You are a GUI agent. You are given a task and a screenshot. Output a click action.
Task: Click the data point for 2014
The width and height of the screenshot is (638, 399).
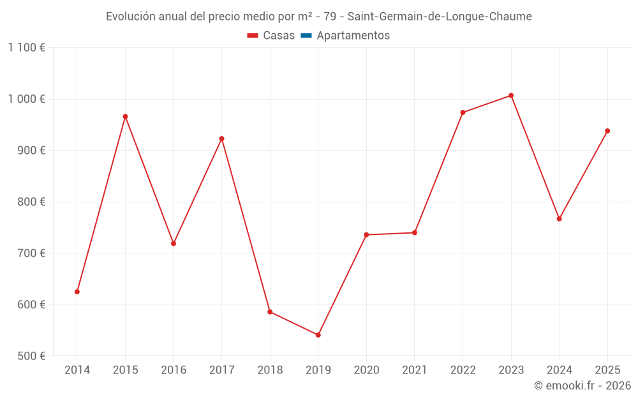coord(77,292)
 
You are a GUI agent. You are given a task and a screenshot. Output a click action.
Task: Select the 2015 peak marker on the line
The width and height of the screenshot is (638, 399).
coord(125,116)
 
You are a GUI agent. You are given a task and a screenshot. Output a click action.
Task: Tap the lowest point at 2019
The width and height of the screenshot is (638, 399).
coord(318,335)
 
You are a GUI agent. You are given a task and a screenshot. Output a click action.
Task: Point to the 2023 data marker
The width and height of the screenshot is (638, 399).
coord(511,96)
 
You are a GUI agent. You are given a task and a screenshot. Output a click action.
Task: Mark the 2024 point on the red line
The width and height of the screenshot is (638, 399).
coord(559,218)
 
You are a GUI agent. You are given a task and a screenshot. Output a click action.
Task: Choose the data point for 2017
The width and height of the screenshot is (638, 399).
coord(222,139)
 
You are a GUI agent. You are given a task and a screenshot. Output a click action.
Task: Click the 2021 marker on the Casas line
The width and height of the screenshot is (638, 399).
coord(415,233)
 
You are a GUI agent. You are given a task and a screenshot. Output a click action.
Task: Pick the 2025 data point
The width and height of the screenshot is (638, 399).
coord(607,131)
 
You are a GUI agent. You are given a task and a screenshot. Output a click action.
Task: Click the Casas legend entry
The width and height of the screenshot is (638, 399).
coord(271,35)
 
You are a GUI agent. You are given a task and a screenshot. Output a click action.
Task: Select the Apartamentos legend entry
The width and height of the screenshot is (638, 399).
coord(345,35)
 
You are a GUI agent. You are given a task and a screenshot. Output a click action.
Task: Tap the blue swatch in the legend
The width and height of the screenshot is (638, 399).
coord(306,35)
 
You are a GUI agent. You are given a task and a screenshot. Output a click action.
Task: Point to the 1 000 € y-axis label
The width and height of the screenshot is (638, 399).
coord(26,99)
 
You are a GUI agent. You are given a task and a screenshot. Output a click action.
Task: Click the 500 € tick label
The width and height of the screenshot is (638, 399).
coord(31,356)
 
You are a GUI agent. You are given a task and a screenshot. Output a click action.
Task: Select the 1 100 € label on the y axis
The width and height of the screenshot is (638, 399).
coord(26,48)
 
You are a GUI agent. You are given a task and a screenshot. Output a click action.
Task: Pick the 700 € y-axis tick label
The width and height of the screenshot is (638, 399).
coord(31,253)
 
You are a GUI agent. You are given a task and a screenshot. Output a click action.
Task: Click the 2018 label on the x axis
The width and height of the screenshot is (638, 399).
coord(270,370)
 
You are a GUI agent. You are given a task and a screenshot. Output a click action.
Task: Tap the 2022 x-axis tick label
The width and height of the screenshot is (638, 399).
coord(463,370)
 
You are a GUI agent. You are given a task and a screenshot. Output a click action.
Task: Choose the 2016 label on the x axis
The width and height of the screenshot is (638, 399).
coord(174,370)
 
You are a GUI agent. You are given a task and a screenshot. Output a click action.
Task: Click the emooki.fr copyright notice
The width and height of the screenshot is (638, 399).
coord(582,385)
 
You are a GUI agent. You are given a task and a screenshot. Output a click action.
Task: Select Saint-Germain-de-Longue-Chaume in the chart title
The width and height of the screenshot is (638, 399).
coord(440,17)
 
